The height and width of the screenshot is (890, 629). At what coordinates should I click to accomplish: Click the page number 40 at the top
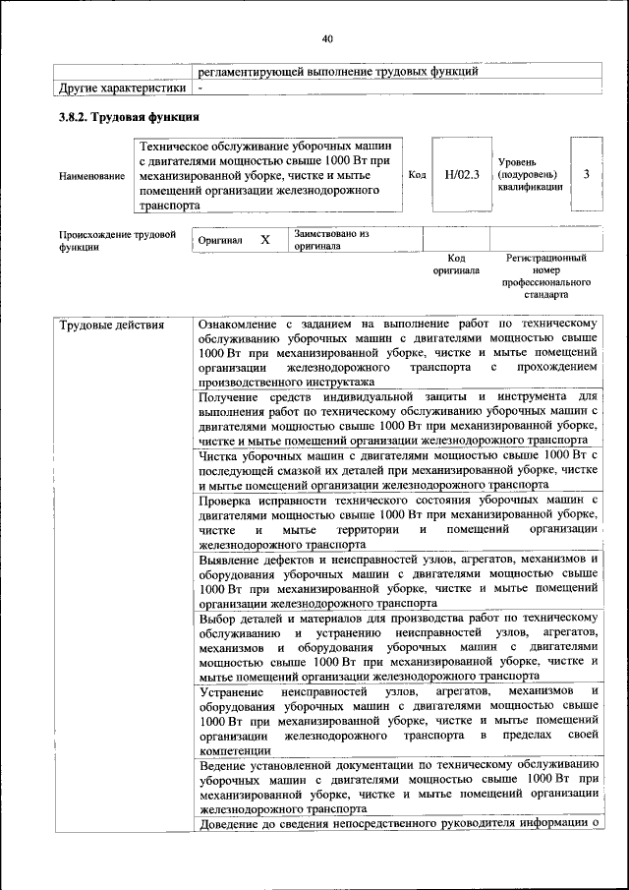(327, 39)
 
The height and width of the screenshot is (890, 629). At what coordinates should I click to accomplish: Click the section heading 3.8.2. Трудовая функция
(122, 118)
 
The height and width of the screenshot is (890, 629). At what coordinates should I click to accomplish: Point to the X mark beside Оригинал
(264, 240)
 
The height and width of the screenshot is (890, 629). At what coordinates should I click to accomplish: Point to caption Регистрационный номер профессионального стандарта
(545, 275)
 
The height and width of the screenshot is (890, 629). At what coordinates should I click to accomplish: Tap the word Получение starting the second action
(232, 395)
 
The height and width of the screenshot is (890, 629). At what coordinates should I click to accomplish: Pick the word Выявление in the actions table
(233, 559)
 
